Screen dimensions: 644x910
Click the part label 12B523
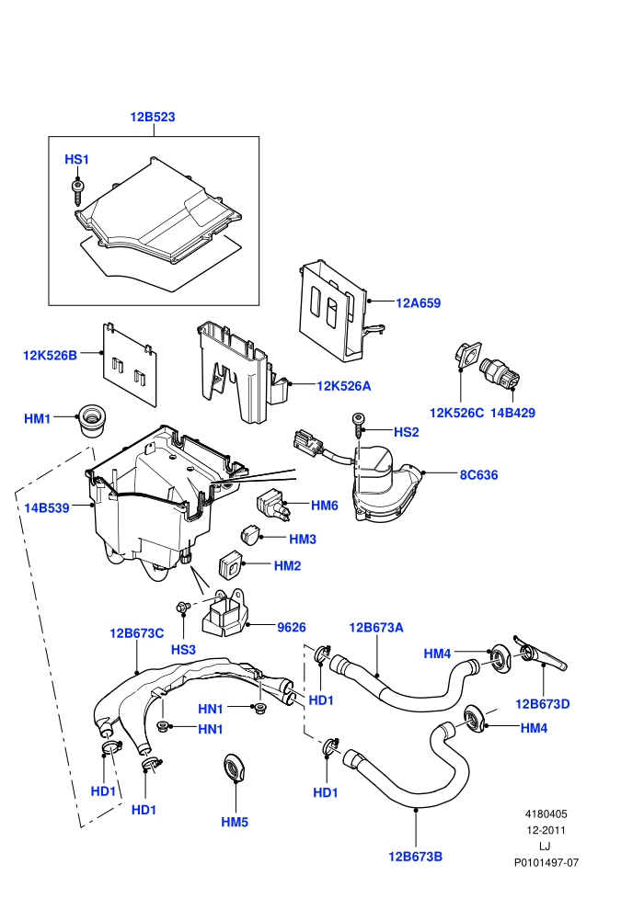pyautogui.click(x=152, y=117)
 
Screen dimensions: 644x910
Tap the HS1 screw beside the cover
pyautogui.click(x=76, y=192)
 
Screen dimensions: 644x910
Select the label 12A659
pyautogui.click(x=418, y=303)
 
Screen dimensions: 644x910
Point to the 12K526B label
pyautogui.click(x=50, y=355)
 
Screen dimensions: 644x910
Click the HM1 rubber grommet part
pyautogui.click(x=90, y=420)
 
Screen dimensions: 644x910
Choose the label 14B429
pyautogui.click(x=512, y=414)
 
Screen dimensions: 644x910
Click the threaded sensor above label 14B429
pyautogui.click(x=500, y=372)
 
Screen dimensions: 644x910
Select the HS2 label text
pyautogui.click(x=406, y=432)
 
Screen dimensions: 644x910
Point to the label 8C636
pyautogui.click(x=479, y=474)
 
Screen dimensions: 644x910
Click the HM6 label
pyautogui.click(x=325, y=506)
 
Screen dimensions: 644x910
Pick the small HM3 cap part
pyautogui.click(x=249, y=534)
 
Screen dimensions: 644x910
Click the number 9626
pyautogui.click(x=292, y=628)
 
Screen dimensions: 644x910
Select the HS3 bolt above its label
pyautogui.click(x=183, y=607)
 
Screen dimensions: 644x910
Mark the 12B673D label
pyautogui.click(x=543, y=704)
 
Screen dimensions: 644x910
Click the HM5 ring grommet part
pyautogui.click(x=236, y=768)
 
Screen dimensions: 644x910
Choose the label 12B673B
pyautogui.click(x=415, y=857)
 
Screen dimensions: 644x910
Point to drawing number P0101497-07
pyautogui.click(x=546, y=862)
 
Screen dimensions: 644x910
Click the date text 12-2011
pyautogui.click(x=546, y=830)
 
